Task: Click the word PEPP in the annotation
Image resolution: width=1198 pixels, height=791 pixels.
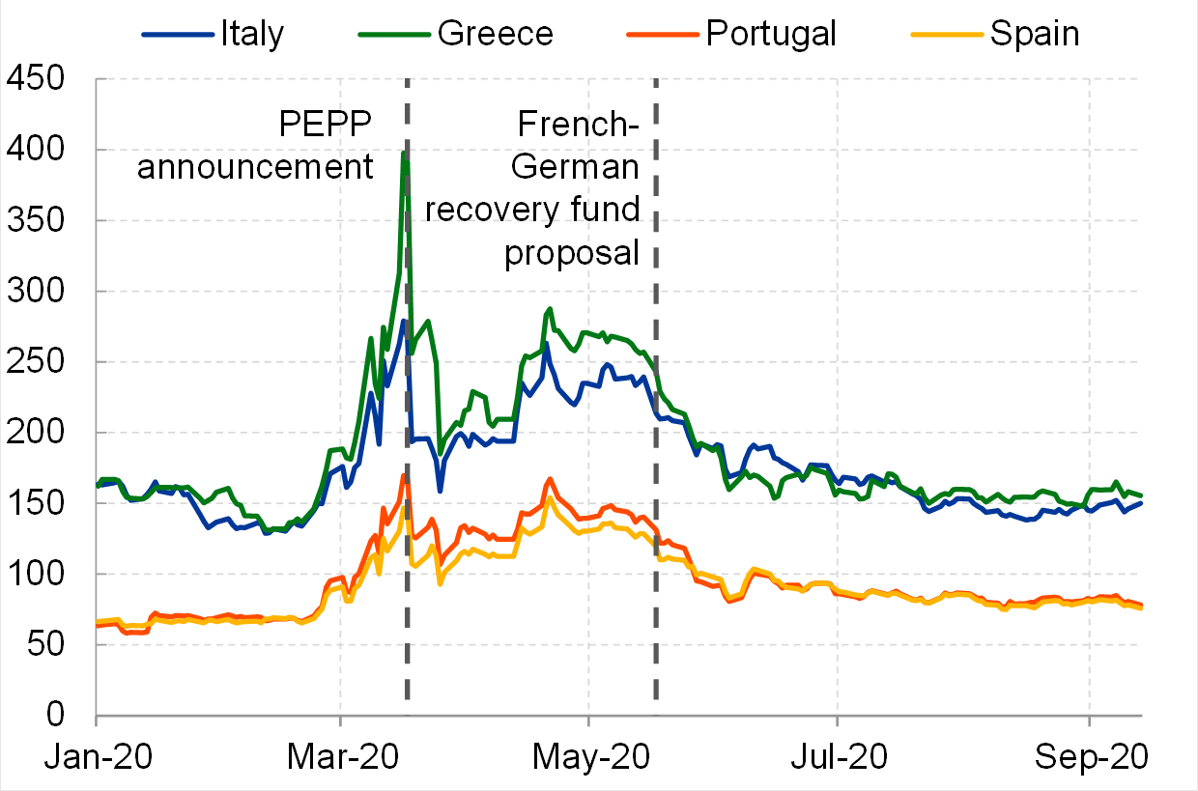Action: click(325, 126)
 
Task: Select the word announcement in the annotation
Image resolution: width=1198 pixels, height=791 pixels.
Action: click(255, 167)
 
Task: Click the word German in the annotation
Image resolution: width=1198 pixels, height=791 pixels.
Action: click(575, 167)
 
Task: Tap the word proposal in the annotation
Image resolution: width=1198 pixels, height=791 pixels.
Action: click(572, 252)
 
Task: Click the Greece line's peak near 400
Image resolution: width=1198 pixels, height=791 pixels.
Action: click(404, 153)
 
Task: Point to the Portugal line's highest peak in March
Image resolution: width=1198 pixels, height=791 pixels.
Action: click(403, 474)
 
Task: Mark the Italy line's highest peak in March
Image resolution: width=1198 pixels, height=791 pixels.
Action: click(403, 320)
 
